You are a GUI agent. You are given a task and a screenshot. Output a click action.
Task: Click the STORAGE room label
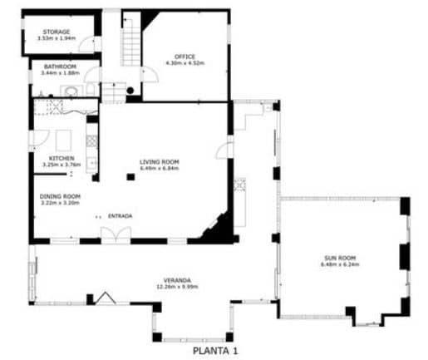pyautogui.click(x=57, y=32)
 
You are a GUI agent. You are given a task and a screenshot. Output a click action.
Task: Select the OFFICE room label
pyautogui.click(x=184, y=56)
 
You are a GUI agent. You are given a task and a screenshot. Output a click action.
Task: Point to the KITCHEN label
pyautogui.click(x=61, y=158)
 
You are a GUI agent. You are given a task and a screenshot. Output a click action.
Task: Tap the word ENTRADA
pyautogui.click(x=120, y=216)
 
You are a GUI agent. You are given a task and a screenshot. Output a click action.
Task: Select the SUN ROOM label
pyautogui.click(x=342, y=259)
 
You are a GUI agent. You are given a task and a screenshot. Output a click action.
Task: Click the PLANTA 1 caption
pyautogui.click(x=215, y=351)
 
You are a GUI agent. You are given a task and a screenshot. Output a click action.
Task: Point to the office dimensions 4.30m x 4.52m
pyautogui.click(x=184, y=63)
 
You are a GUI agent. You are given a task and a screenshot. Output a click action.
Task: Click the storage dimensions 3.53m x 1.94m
pyautogui.click(x=57, y=38)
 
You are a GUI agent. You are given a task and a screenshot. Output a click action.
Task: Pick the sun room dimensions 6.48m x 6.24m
pyautogui.click(x=342, y=265)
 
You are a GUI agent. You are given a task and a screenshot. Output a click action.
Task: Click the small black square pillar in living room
pyautogui.click(x=130, y=176)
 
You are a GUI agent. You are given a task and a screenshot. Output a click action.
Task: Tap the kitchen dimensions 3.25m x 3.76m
pyautogui.click(x=61, y=165)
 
